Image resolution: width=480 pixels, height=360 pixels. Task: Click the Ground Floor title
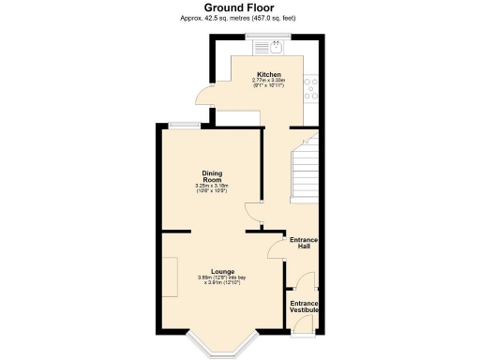point(239,8)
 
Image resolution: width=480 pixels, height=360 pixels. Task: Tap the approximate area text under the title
point(239,19)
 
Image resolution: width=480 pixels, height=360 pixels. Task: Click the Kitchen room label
point(269,74)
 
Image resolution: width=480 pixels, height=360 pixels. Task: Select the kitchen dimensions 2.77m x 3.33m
point(269,82)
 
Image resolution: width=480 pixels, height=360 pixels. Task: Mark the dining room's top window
point(183,124)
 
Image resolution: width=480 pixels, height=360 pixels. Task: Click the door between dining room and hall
point(251,211)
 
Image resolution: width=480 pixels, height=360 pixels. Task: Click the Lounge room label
point(222,271)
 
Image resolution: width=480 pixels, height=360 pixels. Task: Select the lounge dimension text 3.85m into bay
point(222,279)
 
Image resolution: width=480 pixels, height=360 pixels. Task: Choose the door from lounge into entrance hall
point(274,249)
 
